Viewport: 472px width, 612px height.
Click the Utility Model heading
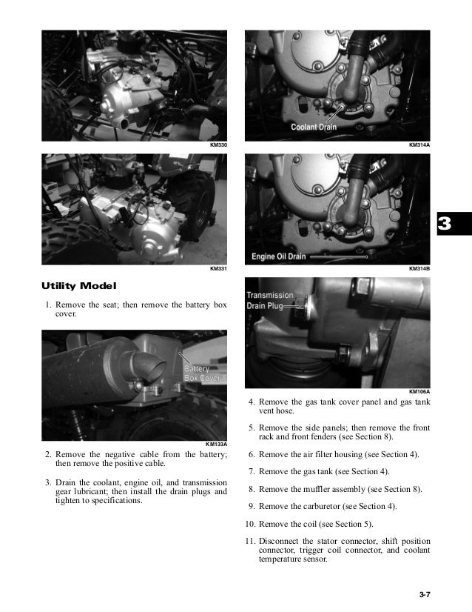coord(79,285)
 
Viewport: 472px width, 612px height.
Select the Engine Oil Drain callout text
coord(280,256)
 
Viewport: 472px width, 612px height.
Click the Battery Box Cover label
coord(202,373)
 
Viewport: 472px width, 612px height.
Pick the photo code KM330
coord(218,145)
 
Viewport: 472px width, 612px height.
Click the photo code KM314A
coord(419,145)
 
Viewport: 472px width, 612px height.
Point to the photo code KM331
coord(218,269)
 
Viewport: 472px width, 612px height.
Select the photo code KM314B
coord(419,269)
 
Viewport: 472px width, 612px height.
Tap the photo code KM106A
coord(419,391)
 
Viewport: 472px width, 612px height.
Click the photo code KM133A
coord(216,444)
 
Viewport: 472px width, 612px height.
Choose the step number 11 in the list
coord(249,540)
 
